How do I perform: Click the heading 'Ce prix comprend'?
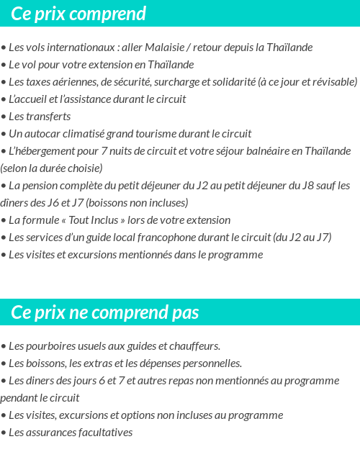(78, 14)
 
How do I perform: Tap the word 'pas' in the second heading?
(184, 312)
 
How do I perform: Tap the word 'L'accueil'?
(30, 99)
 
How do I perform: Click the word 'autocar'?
(41, 134)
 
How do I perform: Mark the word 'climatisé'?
(86, 134)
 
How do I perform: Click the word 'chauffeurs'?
(194, 346)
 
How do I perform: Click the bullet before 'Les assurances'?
(4, 433)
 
